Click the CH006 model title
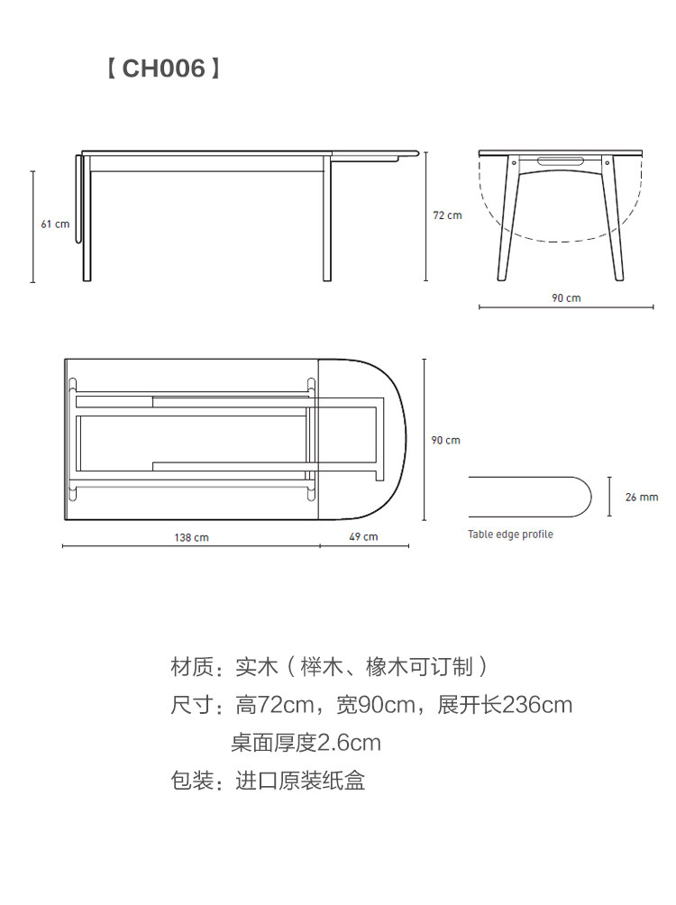click(163, 69)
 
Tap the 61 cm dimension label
click(55, 224)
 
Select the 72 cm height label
click(447, 215)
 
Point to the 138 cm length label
click(191, 537)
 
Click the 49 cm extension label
click(364, 537)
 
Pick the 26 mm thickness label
click(643, 497)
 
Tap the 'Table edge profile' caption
click(510, 535)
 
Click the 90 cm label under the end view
click(566, 297)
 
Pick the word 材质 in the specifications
click(192, 668)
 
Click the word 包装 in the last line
click(192, 781)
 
